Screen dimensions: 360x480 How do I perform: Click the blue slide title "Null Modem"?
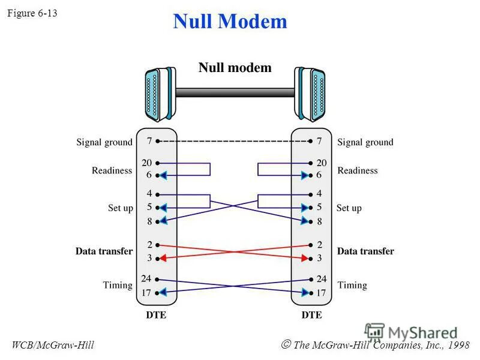coord(230,22)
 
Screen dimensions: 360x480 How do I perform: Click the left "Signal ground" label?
coord(104,142)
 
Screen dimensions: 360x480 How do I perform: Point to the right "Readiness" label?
coord(358,170)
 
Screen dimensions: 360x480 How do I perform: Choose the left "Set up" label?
coord(120,208)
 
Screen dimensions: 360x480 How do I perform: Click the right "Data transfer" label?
coord(365,251)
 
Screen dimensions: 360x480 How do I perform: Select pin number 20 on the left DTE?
coord(146,163)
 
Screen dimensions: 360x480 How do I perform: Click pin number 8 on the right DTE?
coord(319,221)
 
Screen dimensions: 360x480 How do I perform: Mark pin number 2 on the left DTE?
coord(149,245)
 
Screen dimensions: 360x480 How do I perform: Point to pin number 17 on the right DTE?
coord(322,293)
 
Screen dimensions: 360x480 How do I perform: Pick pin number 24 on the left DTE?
coord(146,278)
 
